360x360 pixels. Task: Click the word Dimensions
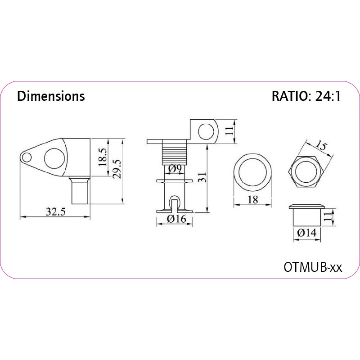click(x=51, y=96)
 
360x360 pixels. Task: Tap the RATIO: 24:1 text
click(x=306, y=96)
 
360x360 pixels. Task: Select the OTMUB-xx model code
click(x=313, y=267)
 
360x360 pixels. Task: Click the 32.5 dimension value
click(x=55, y=211)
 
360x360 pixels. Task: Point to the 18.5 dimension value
click(x=103, y=157)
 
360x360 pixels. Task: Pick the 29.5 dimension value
click(x=117, y=169)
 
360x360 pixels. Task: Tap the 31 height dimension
click(x=202, y=177)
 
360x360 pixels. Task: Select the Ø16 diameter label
click(x=176, y=219)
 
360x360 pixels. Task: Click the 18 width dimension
click(x=253, y=199)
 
